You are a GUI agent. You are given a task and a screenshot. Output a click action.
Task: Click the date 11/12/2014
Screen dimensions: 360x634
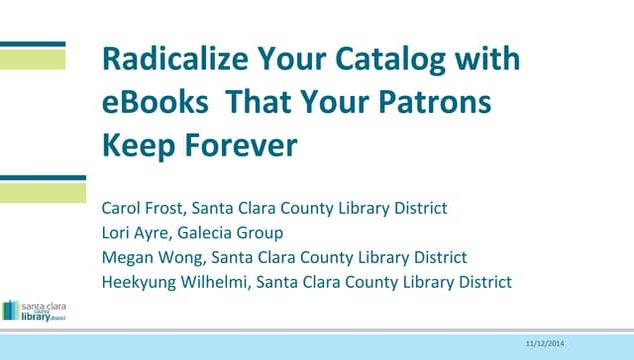pyautogui.click(x=544, y=344)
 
